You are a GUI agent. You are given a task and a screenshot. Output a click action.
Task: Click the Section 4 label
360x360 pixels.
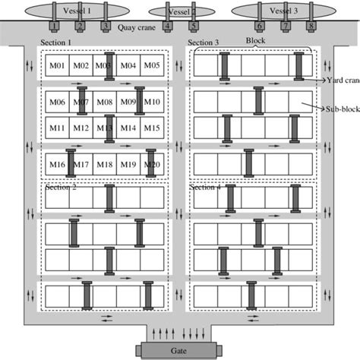point(205,188)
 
